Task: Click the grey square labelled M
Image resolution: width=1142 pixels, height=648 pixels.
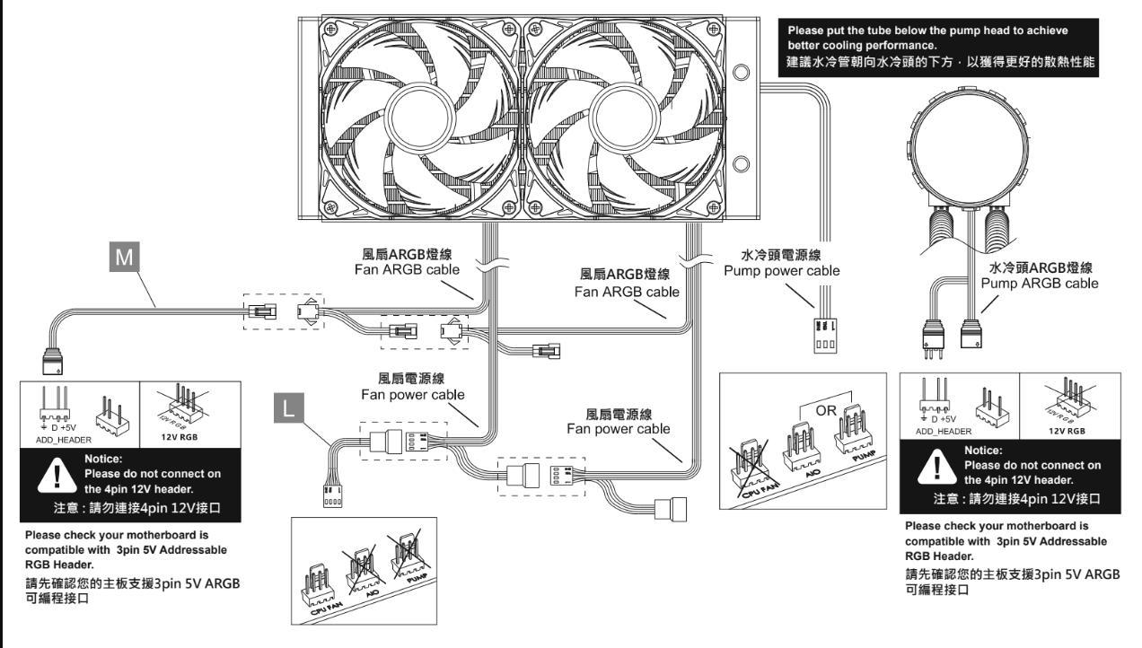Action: tap(125, 257)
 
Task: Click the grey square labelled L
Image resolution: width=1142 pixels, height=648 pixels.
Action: tap(288, 407)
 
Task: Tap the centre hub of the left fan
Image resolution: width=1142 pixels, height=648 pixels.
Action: tap(419, 117)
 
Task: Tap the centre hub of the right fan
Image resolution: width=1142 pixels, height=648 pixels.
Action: tap(625, 117)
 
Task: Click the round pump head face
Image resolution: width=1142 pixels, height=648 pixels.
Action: tap(969, 148)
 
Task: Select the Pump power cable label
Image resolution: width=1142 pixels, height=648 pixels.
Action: tap(782, 271)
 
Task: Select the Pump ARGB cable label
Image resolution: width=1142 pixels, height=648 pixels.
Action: tap(1040, 284)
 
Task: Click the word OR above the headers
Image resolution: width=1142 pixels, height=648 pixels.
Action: tap(826, 410)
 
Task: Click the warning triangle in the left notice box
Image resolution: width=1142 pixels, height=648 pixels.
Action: tap(57, 475)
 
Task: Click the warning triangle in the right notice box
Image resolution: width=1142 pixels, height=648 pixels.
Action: tap(937, 467)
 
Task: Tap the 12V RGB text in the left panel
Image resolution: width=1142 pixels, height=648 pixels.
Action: tap(179, 437)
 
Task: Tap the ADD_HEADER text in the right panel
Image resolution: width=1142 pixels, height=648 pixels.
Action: tap(944, 432)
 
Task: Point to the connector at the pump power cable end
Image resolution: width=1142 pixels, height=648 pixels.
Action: tap(825, 336)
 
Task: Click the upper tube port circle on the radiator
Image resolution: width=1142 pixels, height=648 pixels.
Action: tap(741, 72)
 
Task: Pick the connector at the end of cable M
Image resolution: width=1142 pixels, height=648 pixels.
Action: tap(52, 361)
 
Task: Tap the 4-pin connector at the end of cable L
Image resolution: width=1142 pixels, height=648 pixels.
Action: tap(332, 496)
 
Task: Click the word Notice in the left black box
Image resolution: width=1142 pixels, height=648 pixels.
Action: tap(103, 459)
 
